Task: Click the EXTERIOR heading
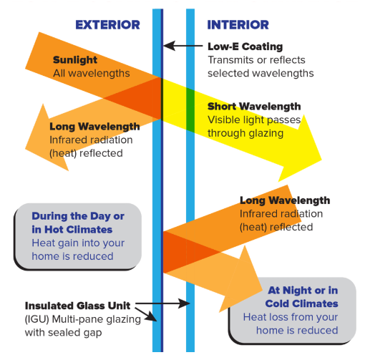click(108, 25)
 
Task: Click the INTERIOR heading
click(238, 25)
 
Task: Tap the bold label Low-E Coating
click(245, 47)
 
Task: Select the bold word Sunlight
click(75, 60)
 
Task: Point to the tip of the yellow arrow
click(321, 160)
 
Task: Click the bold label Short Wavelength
click(254, 107)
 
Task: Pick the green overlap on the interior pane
click(190, 110)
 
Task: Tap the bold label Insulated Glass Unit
click(77, 306)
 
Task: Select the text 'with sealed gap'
click(64, 333)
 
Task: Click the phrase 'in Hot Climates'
click(72, 230)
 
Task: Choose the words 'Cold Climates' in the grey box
click(301, 303)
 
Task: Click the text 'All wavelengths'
click(92, 74)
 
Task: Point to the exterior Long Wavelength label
click(94, 127)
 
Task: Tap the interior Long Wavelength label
click(285, 200)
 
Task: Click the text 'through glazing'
click(245, 133)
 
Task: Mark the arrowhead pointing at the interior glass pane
click(185, 303)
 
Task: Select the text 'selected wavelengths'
click(260, 74)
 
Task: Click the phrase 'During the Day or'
click(78, 216)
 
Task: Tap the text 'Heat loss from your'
click(291, 317)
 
